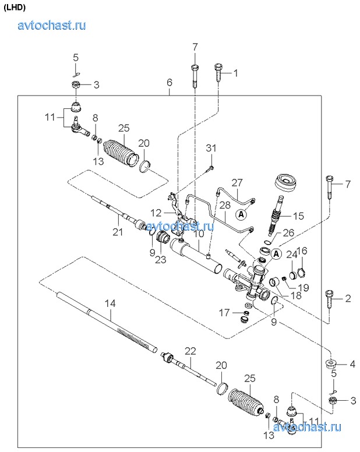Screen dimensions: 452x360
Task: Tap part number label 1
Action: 237,73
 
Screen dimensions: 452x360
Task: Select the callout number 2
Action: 348,299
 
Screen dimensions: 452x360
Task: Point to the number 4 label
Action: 352,365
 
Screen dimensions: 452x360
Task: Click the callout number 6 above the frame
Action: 170,83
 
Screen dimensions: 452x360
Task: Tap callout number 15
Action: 298,216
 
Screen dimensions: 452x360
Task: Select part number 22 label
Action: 191,351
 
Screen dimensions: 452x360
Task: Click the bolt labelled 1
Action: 218,73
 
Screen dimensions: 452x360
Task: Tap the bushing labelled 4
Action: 331,366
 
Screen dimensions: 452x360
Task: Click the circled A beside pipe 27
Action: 241,214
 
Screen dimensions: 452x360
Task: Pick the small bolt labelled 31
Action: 209,169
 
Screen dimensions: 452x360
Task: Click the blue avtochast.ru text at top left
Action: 52,25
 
